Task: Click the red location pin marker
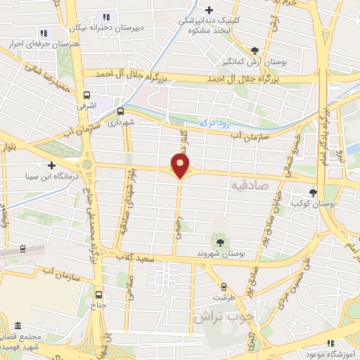point(181,166)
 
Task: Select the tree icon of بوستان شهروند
point(221,242)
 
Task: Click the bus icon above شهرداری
point(120,111)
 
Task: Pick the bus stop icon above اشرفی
point(86,95)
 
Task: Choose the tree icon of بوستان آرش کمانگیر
point(255,50)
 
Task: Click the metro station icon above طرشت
point(224,286)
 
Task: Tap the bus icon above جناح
point(98,295)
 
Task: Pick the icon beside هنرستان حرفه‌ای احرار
point(43,32)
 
